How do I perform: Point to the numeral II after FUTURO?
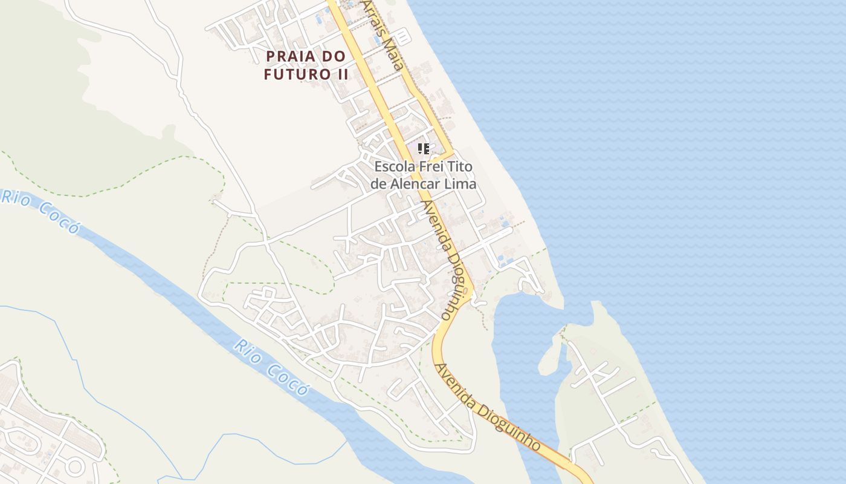pyautogui.click(x=341, y=74)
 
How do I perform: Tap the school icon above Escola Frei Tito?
pyautogui.click(x=424, y=148)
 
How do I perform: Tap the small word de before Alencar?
pyautogui.click(x=378, y=183)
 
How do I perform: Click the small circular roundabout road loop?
pyautogui.click(x=74, y=466)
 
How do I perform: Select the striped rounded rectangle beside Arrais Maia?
pyautogui.click(x=403, y=37)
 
